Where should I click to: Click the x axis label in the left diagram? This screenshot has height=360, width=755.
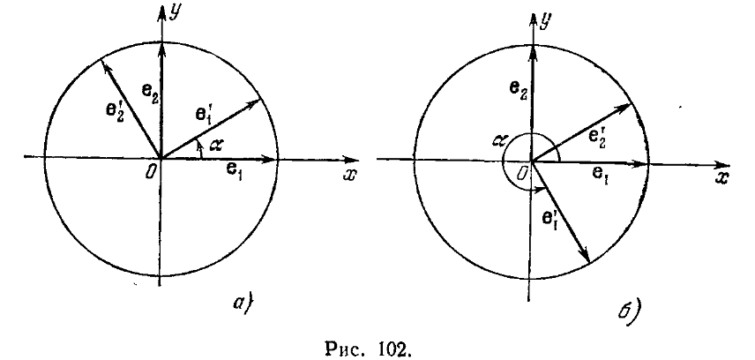tap(350, 174)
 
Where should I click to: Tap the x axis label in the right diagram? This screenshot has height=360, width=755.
tap(722, 178)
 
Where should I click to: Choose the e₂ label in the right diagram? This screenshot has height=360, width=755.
tap(519, 88)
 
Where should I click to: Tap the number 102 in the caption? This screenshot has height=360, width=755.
tap(408, 347)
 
